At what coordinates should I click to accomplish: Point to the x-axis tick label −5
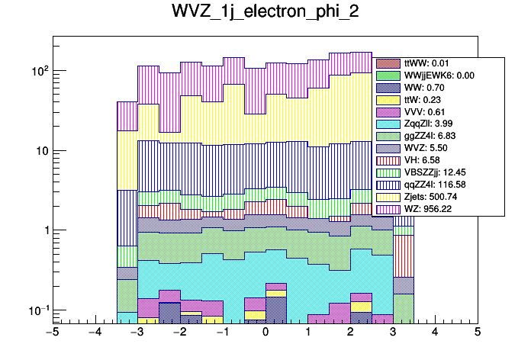(x=53, y=333)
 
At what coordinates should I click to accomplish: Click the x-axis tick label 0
(x=265, y=333)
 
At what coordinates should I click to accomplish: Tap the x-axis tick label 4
(x=435, y=333)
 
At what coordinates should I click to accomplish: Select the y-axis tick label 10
(x=40, y=150)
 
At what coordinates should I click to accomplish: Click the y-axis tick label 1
(x=44, y=230)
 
